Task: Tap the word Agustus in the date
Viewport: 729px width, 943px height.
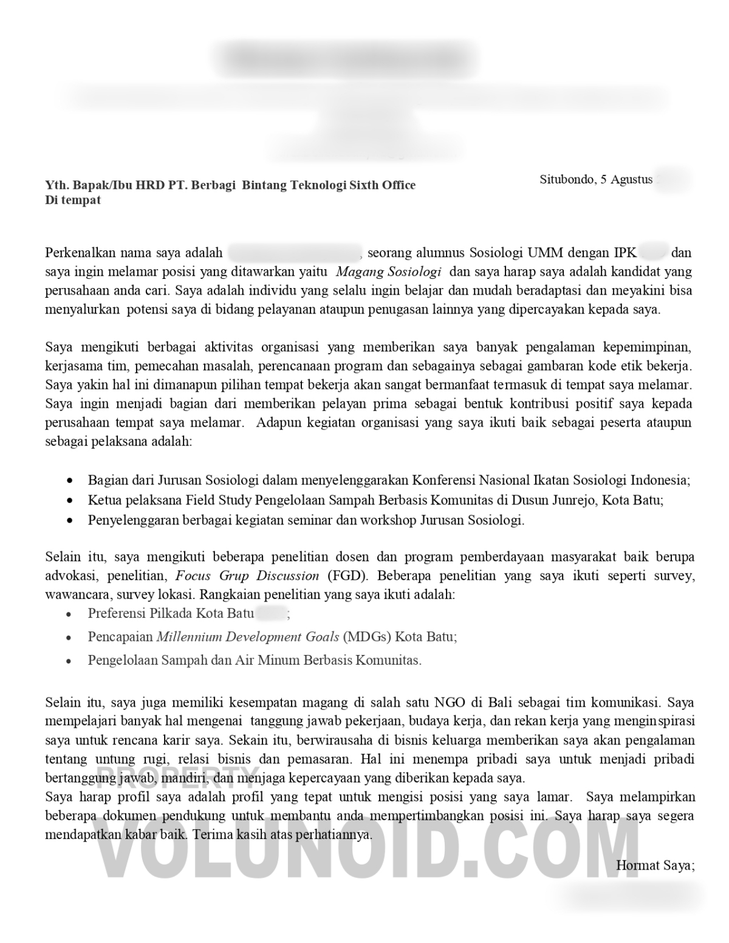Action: click(632, 179)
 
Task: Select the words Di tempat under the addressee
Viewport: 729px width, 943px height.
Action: click(73, 200)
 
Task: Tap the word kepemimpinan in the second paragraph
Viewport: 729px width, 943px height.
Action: click(647, 348)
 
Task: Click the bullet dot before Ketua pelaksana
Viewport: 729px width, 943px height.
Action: click(71, 501)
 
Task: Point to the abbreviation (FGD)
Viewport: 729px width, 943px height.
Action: click(343, 575)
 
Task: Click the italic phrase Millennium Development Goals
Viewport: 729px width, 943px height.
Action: click(248, 637)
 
